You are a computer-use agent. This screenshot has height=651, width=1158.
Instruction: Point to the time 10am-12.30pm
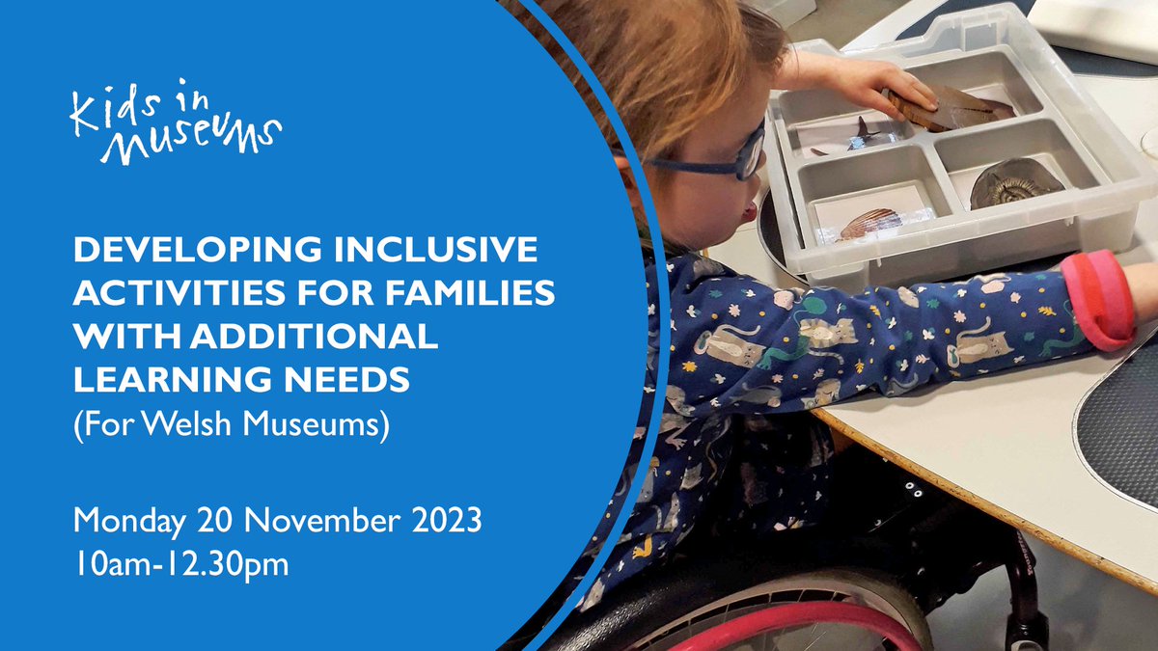(181, 564)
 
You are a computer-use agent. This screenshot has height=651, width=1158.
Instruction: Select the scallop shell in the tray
(868, 224)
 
